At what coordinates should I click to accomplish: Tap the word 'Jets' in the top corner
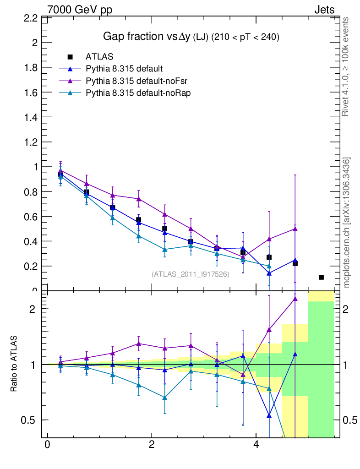324,10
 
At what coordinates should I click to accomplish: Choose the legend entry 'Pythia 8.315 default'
124,69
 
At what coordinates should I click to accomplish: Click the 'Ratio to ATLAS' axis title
15,365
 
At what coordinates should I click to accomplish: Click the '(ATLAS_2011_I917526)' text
191,274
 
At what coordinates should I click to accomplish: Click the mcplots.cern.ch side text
347,223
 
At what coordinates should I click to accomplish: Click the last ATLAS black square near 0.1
321,277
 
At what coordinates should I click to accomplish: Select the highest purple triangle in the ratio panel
295,299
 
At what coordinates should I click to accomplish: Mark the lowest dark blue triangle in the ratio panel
269,415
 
